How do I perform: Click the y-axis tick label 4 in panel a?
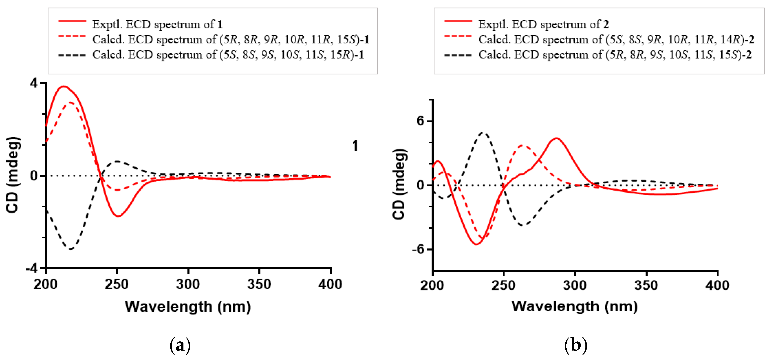point(34,83)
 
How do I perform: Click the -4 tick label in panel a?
point(32,268)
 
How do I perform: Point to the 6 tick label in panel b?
point(421,121)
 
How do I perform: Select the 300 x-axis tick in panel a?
point(188,284)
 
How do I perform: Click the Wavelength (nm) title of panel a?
point(188,307)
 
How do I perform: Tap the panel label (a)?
point(180,345)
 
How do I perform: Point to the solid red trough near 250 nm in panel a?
point(118,216)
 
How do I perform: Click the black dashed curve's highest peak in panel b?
point(483,133)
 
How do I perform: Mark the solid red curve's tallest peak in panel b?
point(556,138)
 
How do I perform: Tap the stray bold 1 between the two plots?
point(355,146)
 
